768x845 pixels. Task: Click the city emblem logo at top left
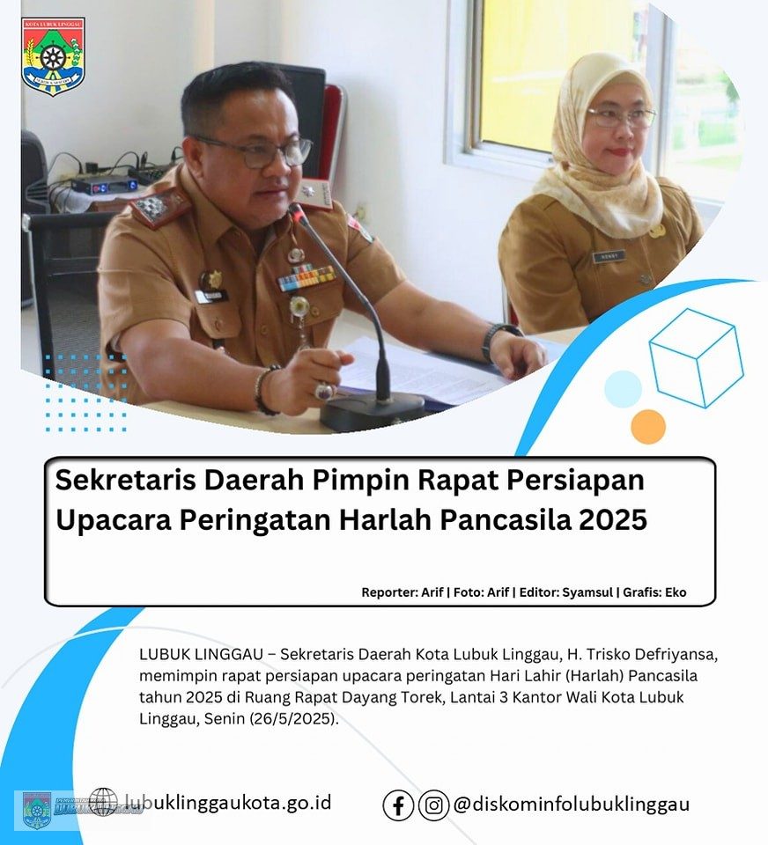(53, 56)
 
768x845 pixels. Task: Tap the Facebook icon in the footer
(398, 805)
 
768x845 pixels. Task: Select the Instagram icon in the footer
(433, 805)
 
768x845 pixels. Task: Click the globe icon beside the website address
(103, 802)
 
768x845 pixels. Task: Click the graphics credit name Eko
(676, 592)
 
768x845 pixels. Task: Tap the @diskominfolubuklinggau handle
(571, 805)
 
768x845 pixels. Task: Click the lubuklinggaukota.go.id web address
(227, 802)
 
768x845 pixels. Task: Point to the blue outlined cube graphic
(696, 357)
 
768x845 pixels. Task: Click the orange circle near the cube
(648, 426)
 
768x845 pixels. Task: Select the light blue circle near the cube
(623, 388)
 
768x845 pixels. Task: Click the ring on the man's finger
(324, 390)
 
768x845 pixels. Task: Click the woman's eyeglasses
(621, 117)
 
